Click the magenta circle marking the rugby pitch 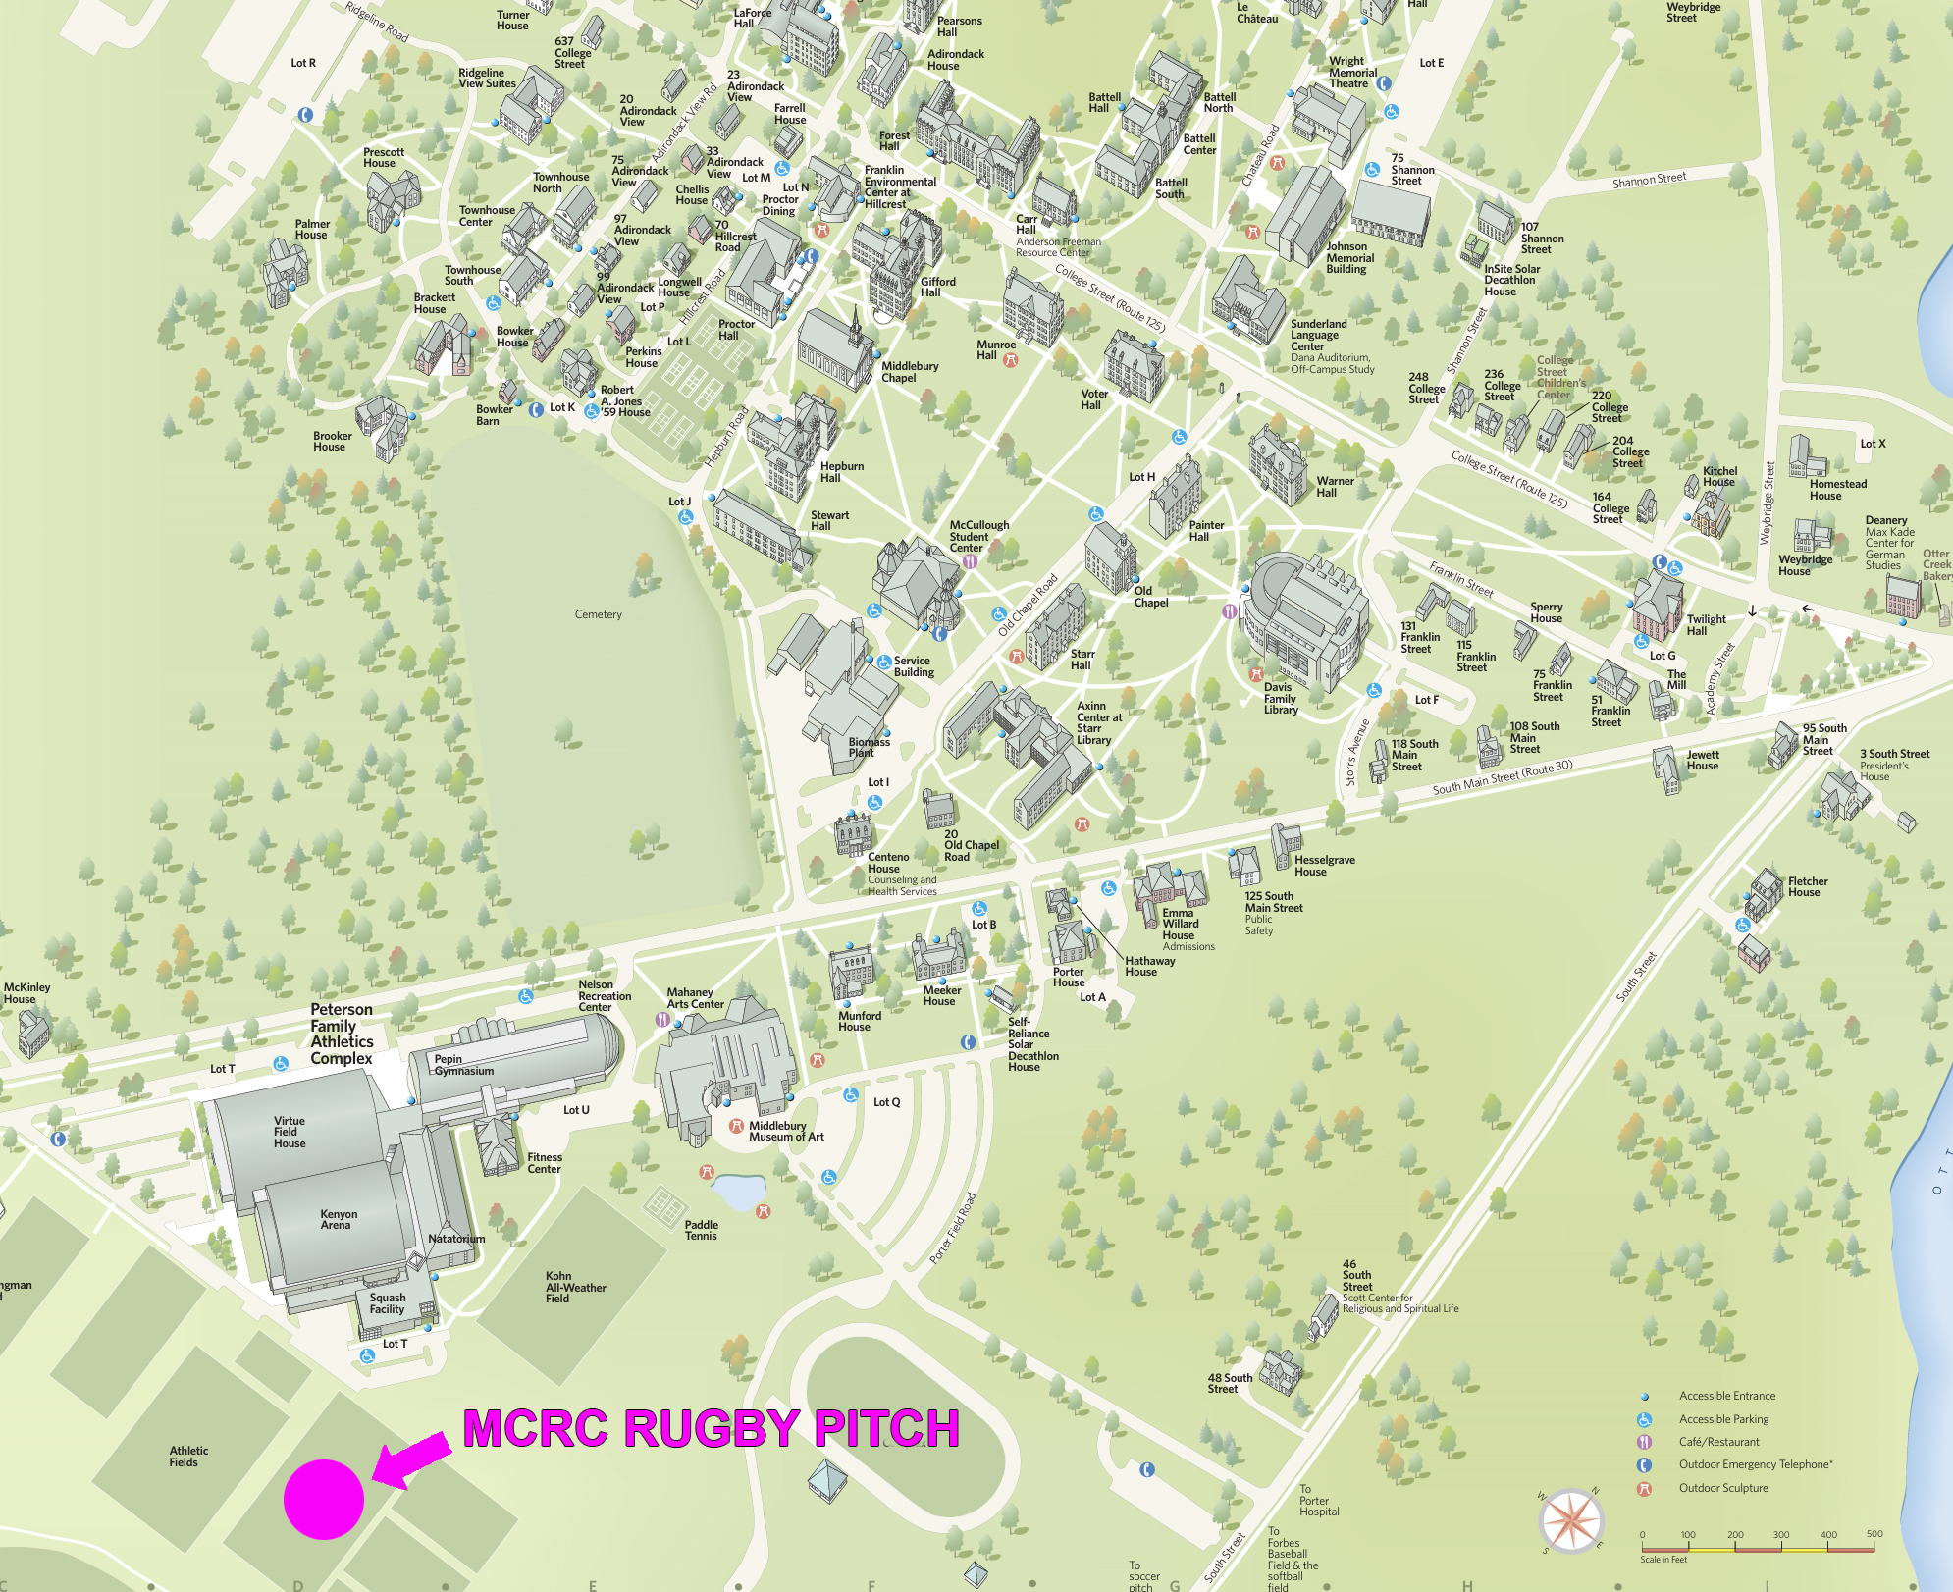pos(324,1499)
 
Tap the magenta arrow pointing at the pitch pos(409,1459)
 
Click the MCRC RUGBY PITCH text pos(711,1428)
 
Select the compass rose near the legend pos(1571,1520)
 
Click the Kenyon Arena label pos(338,1219)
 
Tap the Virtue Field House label pos(289,1132)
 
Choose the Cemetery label pos(598,614)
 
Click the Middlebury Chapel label pos(910,372)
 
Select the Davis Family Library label pos(1281,698)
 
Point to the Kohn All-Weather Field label pos(575,1287)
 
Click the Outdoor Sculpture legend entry pos(1722,1488)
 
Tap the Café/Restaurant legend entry pos(1718,1442)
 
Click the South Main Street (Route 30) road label pos(1502,777)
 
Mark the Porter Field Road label pos(952,1228)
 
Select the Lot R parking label pos(303,63)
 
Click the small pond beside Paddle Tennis pos(738,1193)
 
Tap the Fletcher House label pos(1807,886)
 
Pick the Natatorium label pos(456,1239)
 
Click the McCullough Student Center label pos(978,536)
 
